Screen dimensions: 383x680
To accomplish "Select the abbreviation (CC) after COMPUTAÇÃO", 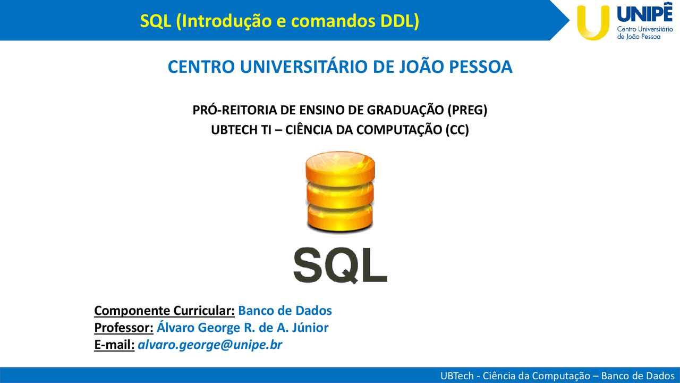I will (457, 130).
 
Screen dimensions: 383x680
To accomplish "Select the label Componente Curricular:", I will (164, 311).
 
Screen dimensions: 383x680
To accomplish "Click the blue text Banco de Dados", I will (285, 311).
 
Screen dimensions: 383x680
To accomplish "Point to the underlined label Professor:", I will (124, 328).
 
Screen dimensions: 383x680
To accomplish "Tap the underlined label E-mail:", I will (114, 345).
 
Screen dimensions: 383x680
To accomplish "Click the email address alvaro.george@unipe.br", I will (210, 345).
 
